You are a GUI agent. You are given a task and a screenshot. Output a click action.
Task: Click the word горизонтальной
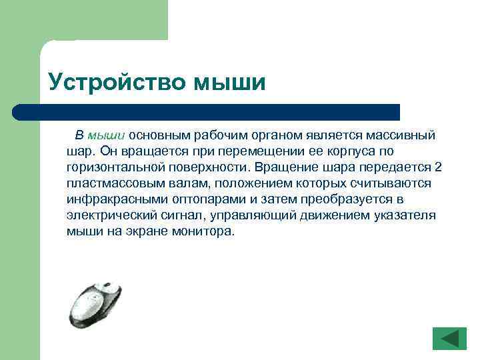click(108, 167)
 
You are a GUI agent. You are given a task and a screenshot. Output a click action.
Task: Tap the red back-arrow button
click(449, 339)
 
